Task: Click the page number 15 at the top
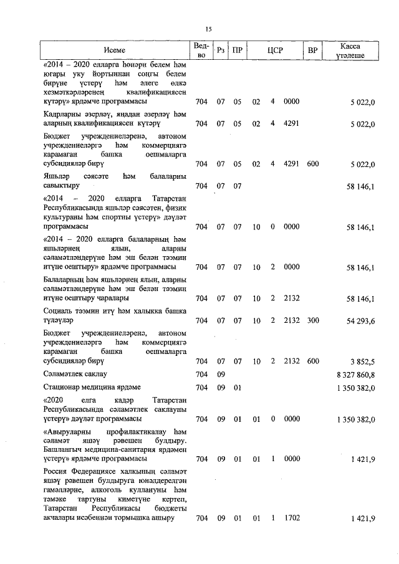[209, 29]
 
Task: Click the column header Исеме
[115, 50]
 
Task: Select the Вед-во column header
[201, 50]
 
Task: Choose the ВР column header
[313, 50]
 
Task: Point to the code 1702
[291, 519]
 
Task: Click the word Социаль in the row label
[59, 310]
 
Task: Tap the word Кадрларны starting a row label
[64, 114]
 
